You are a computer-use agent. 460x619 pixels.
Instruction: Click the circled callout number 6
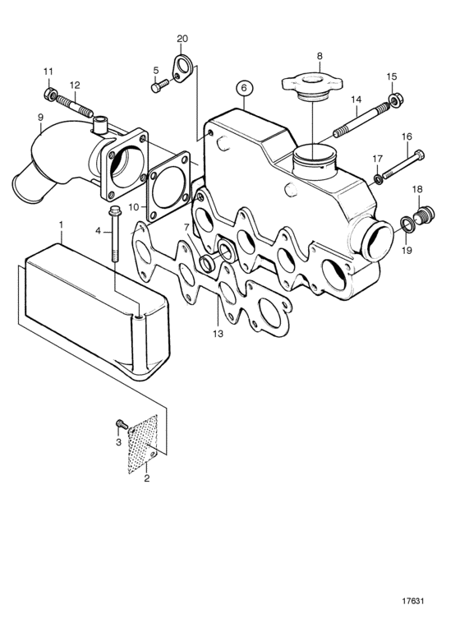coord(244,88)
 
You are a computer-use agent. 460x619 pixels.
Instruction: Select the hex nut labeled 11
coord(49,94)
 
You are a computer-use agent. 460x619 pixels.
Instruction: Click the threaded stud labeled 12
coord(75,106)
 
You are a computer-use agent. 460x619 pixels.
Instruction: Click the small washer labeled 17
coord(378,180)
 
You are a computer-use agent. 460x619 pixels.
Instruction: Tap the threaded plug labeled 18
coord(424,214)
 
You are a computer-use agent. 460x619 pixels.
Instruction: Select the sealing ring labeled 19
coord(407,224)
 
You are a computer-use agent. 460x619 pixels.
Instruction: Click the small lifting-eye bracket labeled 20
coord(182,66)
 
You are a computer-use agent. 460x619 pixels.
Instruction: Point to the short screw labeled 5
coord(160,85)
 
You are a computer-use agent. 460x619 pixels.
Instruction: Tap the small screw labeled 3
coord(122,425)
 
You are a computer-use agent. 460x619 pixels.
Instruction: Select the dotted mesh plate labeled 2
coord(143,445)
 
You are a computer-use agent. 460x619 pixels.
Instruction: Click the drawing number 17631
coord(412,601)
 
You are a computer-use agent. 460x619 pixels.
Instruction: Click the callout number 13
coord(218,334)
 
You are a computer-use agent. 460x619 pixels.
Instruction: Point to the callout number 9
coord(40,118)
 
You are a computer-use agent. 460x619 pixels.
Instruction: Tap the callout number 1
coord(61,224)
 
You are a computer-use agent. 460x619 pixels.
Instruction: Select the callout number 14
coord(356,99)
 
